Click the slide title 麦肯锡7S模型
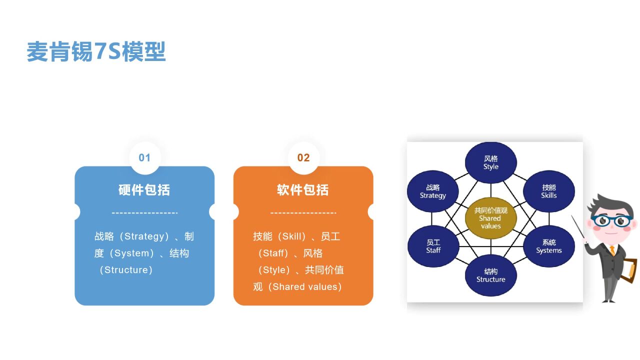pos(96,52)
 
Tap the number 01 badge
pos(144,158)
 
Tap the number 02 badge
pos(303,158)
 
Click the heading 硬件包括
pos(144,190)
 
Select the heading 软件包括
pos(303,190)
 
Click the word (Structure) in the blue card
pos(126,270)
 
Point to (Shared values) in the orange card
pos(304,287)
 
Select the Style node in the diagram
pos(490,163)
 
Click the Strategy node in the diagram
pos(432,191)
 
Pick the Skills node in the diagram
pos(548,191)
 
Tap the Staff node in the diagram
pos(433,246)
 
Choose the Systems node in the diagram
pos(548,246)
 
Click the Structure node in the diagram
pos(490,275)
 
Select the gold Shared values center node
pos(490,218)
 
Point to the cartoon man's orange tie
pos(612,249)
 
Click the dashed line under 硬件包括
pos(144,213)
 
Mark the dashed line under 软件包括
pos(303,213)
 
